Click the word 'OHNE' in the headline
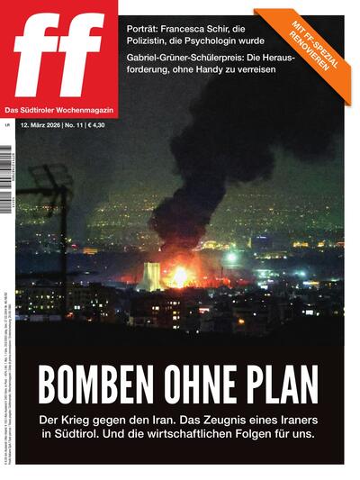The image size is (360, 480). (202, 386)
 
